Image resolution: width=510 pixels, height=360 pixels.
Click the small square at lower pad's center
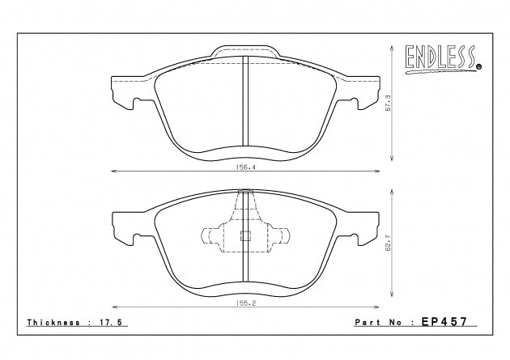pos(244,236)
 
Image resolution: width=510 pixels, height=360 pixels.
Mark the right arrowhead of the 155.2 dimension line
pos(376,307)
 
